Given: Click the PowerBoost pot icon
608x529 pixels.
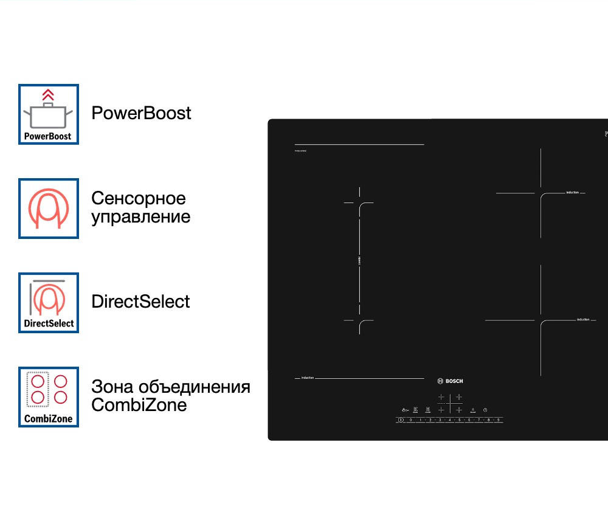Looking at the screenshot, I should pyautogui.click(x=49, y=114).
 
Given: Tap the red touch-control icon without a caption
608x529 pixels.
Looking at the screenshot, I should pyautogui.click(x=49, y=209).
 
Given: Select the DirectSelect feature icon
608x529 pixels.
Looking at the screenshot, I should pyautogui.click(x=49, y=303).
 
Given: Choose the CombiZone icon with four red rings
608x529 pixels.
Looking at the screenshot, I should pyautogui.click(x=49, y=396).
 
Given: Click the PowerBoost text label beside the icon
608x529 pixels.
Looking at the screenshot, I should pyautogui.click(x=141, y=113).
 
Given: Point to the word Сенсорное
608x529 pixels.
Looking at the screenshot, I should pyautogui.click(x=139, y=198).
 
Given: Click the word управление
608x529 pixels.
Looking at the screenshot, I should pyautogui.click(x=140, y=217).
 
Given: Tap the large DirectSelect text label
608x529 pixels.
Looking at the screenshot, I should pyautogui.click(x=140, y=302).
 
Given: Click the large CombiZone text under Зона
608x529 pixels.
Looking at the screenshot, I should pyautogui.click(x=139, y=405).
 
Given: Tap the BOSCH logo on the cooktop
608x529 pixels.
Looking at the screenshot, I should pyautogui.click(x=450, y=381).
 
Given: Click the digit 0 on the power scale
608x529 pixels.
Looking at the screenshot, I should pyautogui.click(x=410, y=420).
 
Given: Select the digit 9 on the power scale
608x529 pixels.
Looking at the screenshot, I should pyautogui.click(x=498, y=420).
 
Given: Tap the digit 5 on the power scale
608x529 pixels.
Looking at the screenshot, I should pyautogui.click(x=459, y=420).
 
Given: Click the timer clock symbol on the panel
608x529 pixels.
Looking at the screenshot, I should pyautogui.click(x=485, y=410).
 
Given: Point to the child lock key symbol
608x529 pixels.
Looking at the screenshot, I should pyautogui.click(x=404, y=410).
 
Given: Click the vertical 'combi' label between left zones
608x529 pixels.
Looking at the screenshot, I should pyautogui.click(x=359, y=260).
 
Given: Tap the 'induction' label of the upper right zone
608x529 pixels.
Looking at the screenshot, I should pyautogui.click(x=572, y=193).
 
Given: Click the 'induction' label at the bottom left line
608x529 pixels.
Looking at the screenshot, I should pyautogui.click(x=308, y=378).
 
